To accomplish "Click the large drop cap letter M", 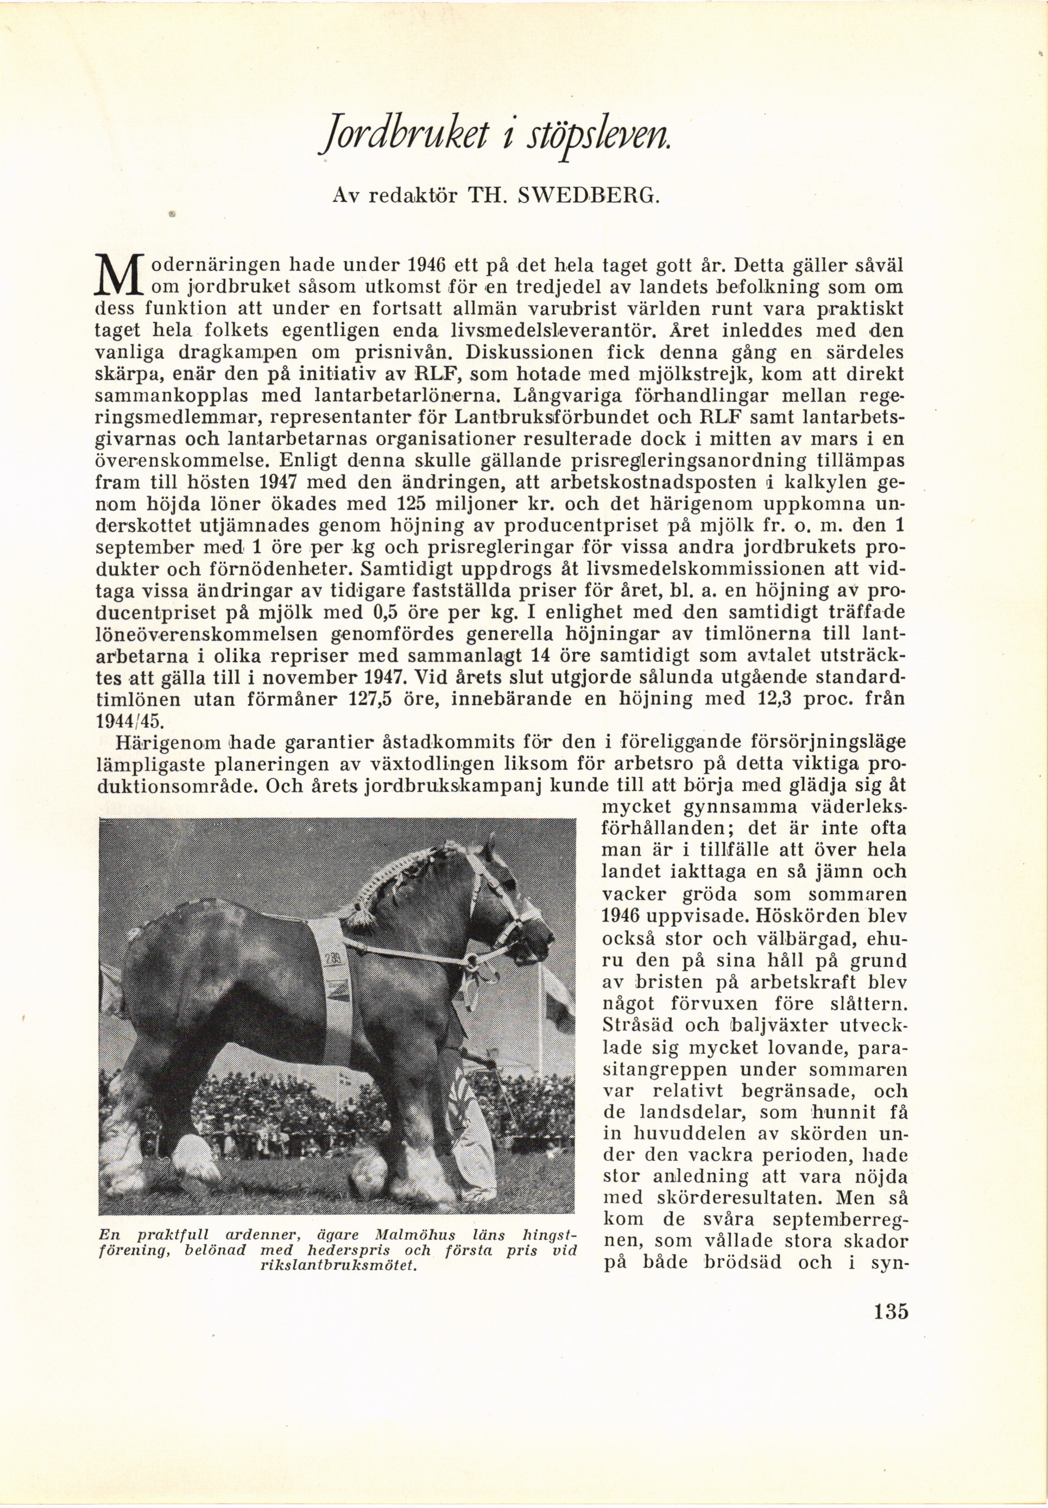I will point(118,276).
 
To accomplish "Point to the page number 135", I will point(891,1311).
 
